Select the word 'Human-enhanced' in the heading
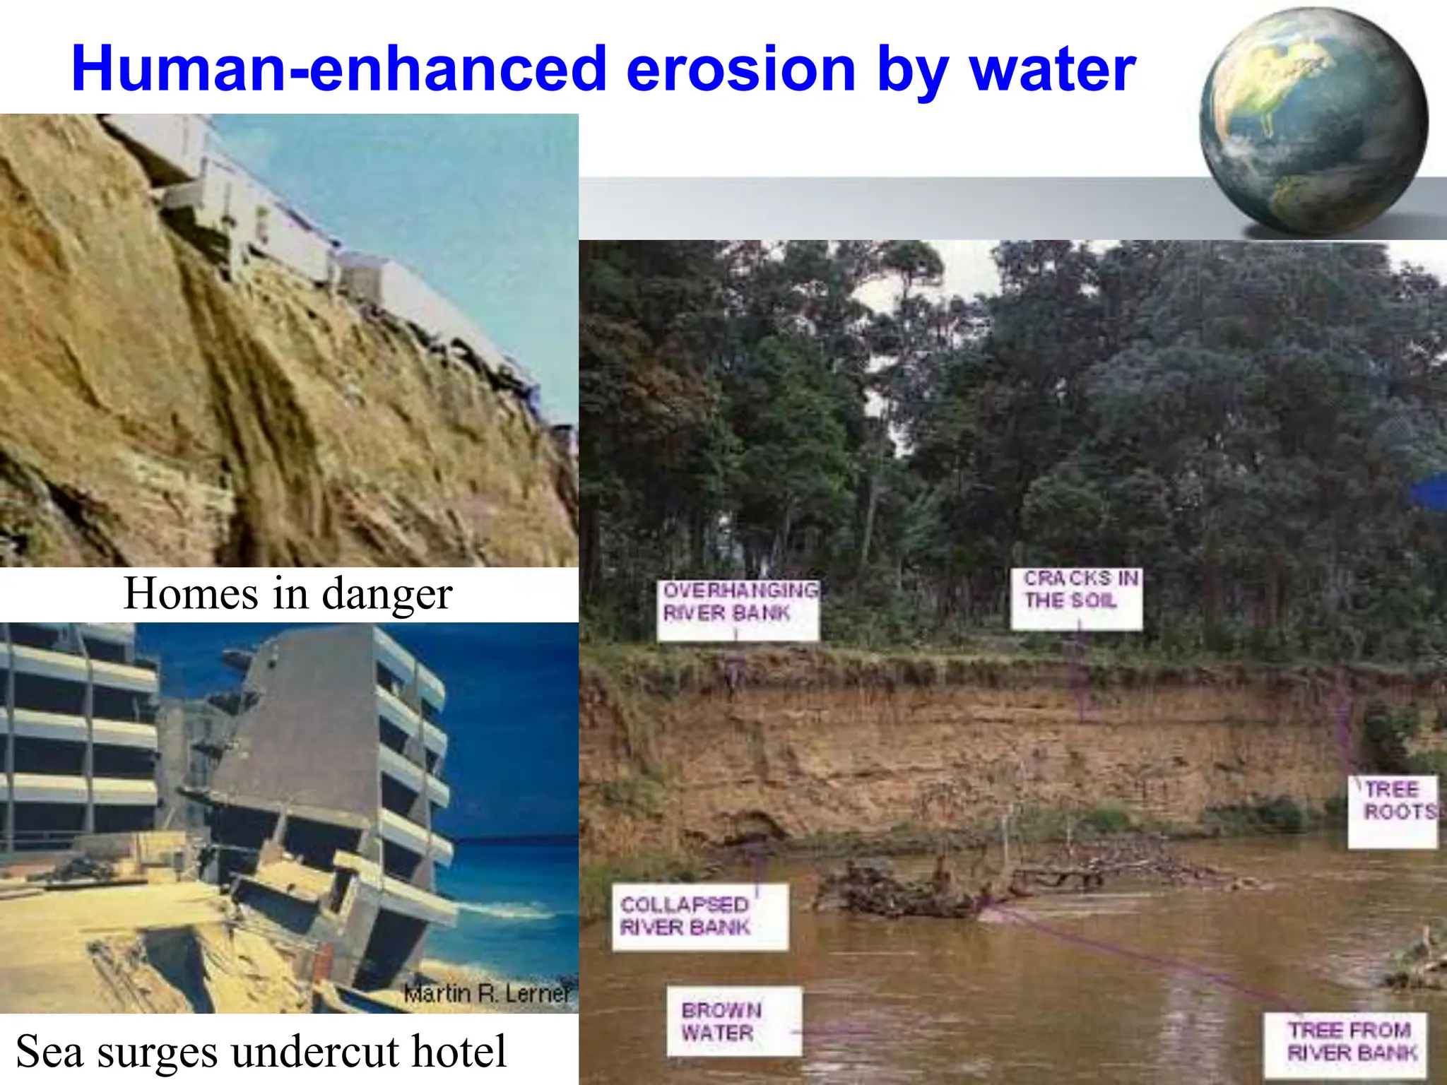tap(338, 69)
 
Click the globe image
tap(1313, 121)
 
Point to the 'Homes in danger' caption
tap(288, 593)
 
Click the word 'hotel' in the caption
tap(459, 1051)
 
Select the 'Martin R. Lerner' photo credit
tap(487, 993)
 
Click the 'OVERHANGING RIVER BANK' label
tap(738, 601)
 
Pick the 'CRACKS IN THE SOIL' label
tap(1077, 590)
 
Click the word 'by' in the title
tap(911, 69)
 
